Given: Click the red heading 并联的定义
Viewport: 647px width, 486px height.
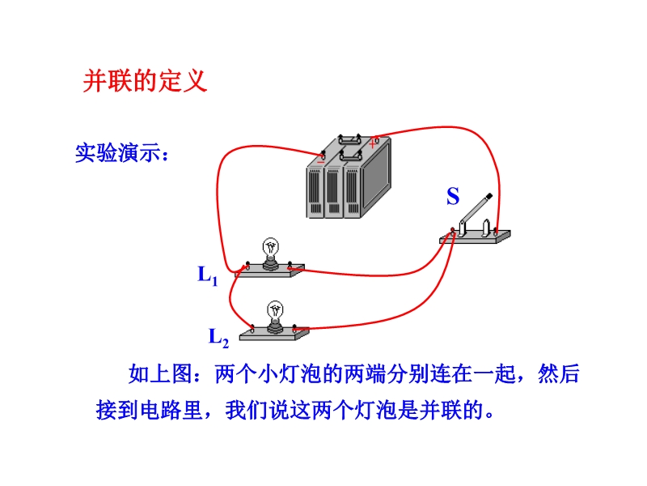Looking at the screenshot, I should point(146,81).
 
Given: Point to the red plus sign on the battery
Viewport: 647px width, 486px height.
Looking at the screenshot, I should point(373,143).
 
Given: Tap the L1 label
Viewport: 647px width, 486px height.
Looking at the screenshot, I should point(208,275).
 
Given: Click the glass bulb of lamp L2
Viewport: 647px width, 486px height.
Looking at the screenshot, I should point(277,309).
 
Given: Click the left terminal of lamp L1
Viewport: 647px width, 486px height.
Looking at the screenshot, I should point(246,266).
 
